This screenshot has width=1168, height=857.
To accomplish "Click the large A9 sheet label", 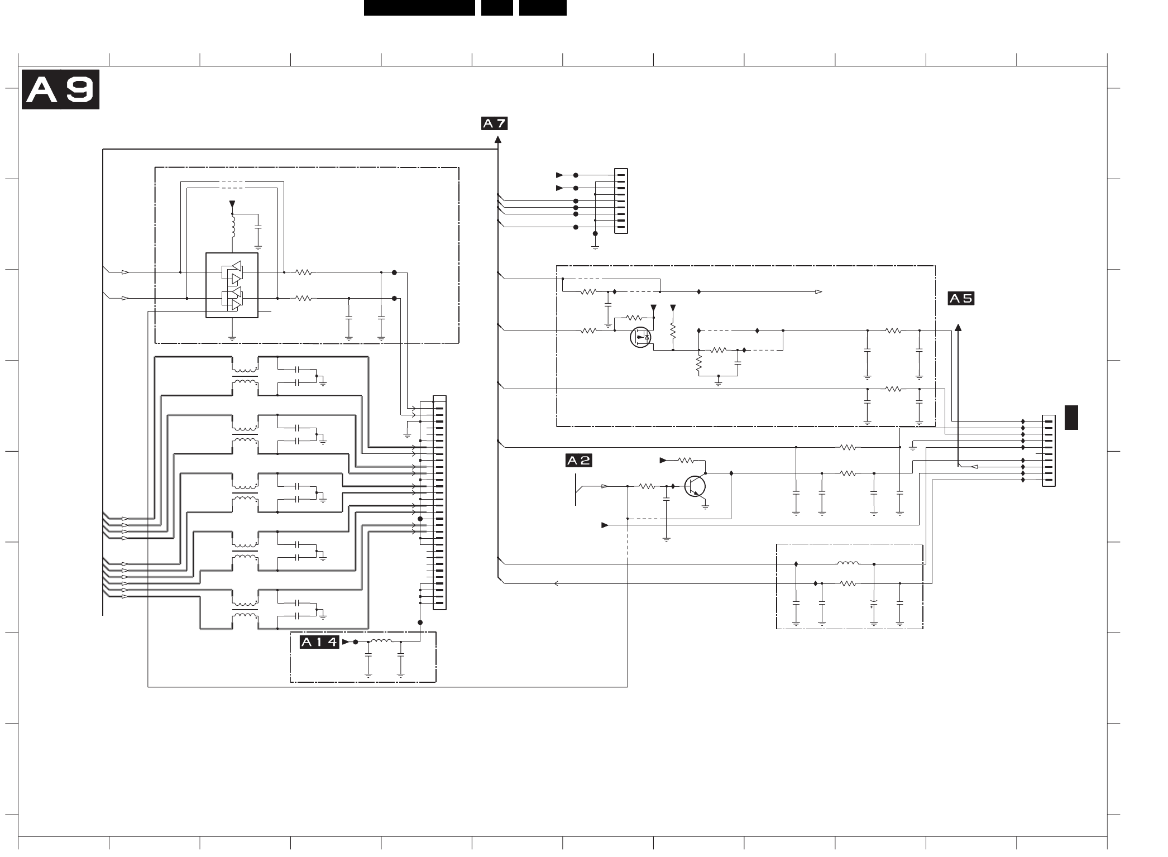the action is (x=60, y=89).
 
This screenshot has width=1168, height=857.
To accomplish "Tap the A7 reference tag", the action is (x=494, y=123).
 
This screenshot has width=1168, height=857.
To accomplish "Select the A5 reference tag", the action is (x=961, y=299).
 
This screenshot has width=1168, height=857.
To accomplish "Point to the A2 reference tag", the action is (x=578, y=461).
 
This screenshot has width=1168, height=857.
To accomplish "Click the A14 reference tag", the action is (x=319, y=642).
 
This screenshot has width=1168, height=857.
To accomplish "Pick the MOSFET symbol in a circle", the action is (x=640, y=337).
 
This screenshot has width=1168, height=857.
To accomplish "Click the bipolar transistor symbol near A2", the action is (x=696, y=486).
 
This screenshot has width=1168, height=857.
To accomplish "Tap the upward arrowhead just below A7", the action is (x=497, y=140).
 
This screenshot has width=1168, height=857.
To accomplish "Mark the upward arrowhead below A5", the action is (x=958, y=327).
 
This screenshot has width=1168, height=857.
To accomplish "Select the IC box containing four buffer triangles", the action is (x=232, y=285).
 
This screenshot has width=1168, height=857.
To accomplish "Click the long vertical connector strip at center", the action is (x=439, y=502).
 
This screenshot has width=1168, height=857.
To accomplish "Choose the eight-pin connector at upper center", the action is (x=621, y=201).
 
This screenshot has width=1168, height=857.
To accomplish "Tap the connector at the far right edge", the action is (x=1049, y=451).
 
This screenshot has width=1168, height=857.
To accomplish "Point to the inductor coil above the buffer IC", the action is (x=234, y=227).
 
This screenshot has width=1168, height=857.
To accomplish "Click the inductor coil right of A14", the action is (x=381, y=641).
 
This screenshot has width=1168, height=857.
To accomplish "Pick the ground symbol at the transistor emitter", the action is (x=706, y=507).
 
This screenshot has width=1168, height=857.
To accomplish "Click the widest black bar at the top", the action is (x=419, y=8).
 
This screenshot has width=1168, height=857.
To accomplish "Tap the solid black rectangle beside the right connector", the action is (x=1071, y=418).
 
